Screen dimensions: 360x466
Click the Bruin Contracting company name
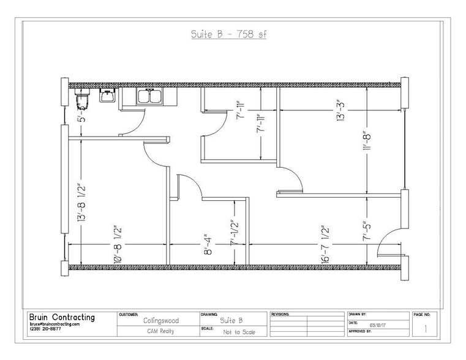pos(62,317)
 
